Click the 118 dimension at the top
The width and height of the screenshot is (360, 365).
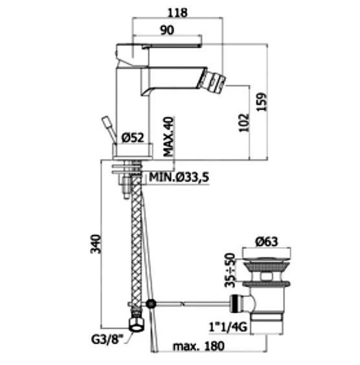pos(177,12)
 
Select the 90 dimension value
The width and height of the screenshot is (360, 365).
pos(167,30)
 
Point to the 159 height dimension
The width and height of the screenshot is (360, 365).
pos(262,102)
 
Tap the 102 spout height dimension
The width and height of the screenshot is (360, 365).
pos(244,123)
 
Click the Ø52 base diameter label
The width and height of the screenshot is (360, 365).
pos(133,137)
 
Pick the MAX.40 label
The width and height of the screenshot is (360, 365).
pos(168,136)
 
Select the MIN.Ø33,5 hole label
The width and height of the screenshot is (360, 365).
pos(179,177)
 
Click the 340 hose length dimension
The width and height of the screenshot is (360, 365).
pos(96,244)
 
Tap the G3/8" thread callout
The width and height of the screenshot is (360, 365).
pos(107,340)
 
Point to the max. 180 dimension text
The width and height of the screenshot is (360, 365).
pos(199,346)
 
